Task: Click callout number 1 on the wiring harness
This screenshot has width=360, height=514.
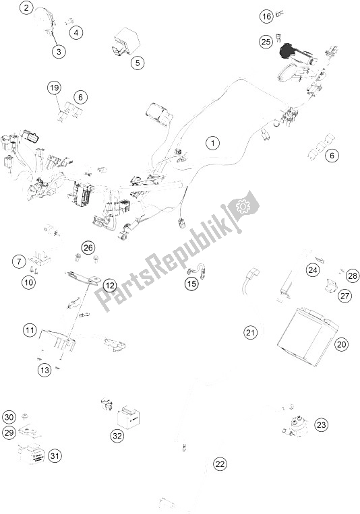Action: click(212, 143)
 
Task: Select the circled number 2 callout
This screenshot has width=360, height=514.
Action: click(26, 7)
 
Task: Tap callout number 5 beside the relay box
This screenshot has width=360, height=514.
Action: click(138, 62)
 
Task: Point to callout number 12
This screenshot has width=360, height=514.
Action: click(110, 286)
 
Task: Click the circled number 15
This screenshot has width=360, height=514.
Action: click(191, 283)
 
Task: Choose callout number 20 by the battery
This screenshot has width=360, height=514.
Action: click(342, 344)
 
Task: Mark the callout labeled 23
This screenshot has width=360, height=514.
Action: click(321, 425)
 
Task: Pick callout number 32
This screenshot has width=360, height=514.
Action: click(117, 436)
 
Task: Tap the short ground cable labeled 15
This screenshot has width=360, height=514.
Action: click(197, 273)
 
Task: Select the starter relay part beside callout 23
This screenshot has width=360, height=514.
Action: click(295, 425)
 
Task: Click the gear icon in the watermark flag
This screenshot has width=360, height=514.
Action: click(243, 206)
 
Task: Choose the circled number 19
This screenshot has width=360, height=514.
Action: click(54, 88)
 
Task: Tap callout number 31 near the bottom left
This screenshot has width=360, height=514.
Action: click(55, 455)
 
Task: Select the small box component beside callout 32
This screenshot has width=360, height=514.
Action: click(129, 417)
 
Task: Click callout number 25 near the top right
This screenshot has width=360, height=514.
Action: click(266, 42)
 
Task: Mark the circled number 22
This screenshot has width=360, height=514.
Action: click(220, 464)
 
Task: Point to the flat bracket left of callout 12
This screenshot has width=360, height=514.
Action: click(82, 277)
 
